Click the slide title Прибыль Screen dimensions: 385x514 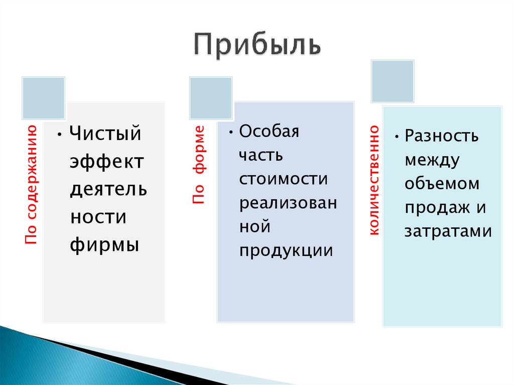(x=256, y=46)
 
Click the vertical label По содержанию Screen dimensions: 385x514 (x=32, y=185)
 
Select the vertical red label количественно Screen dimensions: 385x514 (x=374, y=180)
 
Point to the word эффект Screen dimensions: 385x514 (x=107, y=162)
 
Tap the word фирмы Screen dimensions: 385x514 (x=104, y=245)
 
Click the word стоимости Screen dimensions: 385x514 (x=284, y=179)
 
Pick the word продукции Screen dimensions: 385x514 (x=286, y=250)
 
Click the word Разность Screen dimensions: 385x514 (x=442, y=136)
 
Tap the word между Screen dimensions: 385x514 (x=432, y=160)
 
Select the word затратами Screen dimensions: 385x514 (x=448, y=231)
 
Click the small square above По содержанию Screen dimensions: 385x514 (x=43, y=98)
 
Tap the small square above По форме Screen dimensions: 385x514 (x=210, y=98)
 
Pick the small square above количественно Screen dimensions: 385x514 (x=393, y=81)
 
